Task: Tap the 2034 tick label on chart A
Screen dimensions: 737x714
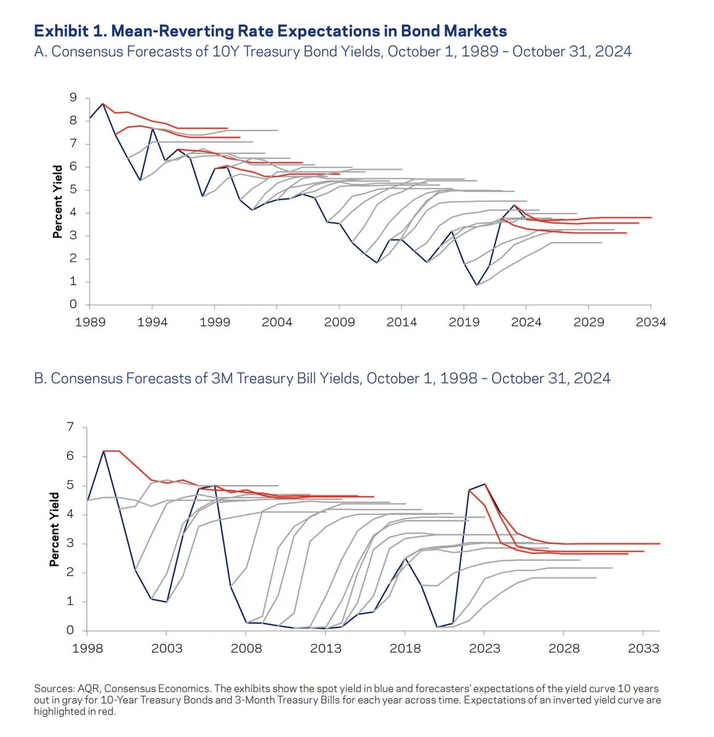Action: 651,322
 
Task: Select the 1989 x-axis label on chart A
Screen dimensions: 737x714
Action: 90,322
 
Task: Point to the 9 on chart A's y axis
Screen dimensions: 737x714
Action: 74,98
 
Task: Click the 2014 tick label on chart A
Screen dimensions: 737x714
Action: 402,322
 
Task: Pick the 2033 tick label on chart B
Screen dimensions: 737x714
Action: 643,648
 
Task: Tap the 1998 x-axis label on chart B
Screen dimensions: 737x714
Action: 87,648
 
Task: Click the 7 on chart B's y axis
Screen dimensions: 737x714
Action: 70,427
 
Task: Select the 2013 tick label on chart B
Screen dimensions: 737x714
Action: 325,648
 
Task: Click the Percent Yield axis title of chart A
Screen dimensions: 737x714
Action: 58,201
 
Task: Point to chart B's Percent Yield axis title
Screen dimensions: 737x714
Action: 55,529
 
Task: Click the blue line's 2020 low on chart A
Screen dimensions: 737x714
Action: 476,285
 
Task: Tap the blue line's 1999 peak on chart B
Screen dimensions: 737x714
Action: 103,451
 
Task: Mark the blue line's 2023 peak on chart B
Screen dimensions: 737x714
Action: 484,484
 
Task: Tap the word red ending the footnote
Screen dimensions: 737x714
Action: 107,711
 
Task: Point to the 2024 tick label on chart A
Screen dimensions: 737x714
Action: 526,322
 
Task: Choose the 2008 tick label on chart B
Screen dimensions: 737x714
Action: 246,648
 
